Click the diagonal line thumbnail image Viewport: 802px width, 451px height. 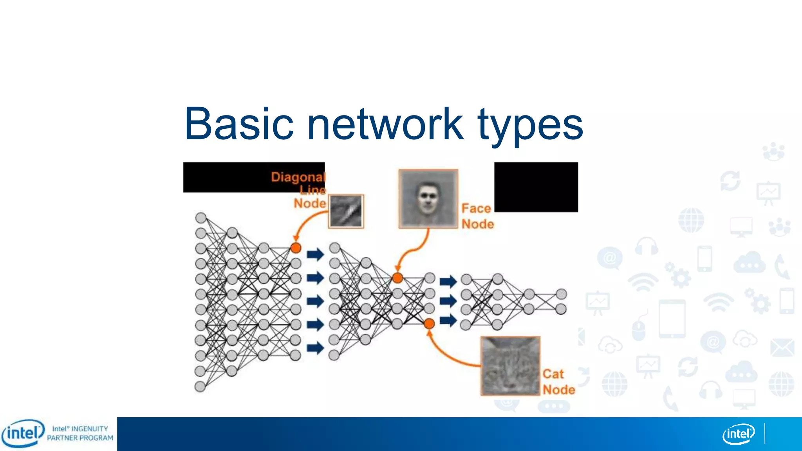pos(346,211)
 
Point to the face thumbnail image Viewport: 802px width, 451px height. pos(428,198)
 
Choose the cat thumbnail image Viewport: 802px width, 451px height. pos(511,366)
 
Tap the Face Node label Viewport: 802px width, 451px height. pos(477,216)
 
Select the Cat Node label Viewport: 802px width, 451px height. pos(558,382)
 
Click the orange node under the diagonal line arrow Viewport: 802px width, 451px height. pos(296,248)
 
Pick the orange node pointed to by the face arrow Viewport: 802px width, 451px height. pos(397,278)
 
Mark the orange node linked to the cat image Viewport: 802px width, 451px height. pos(429,323)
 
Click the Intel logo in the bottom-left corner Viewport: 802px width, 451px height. pos(23,433)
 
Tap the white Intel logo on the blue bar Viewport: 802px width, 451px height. pos(738,434)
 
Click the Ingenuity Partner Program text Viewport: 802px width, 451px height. pos(80,433)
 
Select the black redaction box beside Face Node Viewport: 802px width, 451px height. pos(536,187)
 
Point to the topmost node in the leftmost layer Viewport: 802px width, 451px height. pos(201,218)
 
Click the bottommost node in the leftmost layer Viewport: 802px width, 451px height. pos(200,386)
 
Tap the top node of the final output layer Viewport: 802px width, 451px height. pos(561,294)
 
